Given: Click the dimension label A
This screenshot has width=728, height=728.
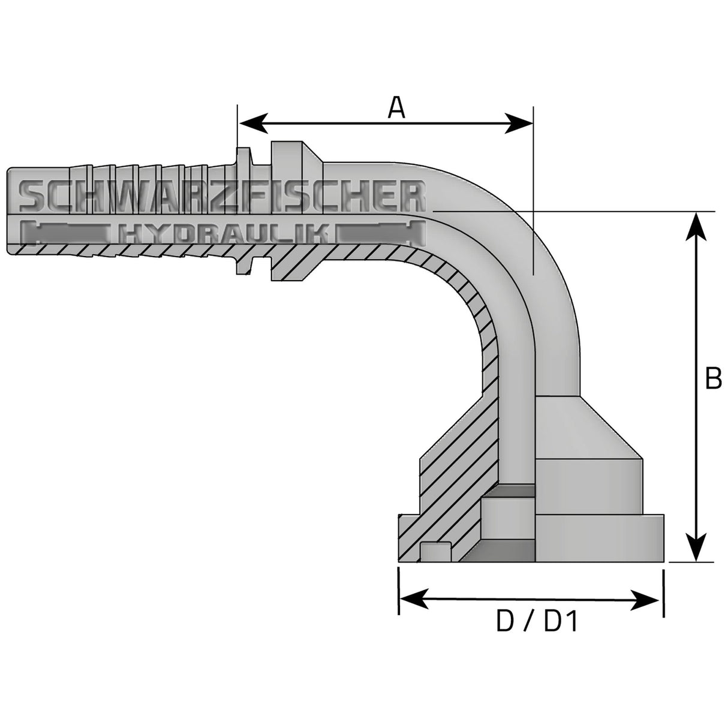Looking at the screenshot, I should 396,108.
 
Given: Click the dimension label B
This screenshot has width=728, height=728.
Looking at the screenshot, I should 712,378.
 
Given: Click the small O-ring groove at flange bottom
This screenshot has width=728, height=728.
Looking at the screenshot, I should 435,552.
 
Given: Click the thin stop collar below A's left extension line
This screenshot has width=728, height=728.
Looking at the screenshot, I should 243,210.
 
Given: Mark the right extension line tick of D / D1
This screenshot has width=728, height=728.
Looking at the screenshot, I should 663,594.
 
